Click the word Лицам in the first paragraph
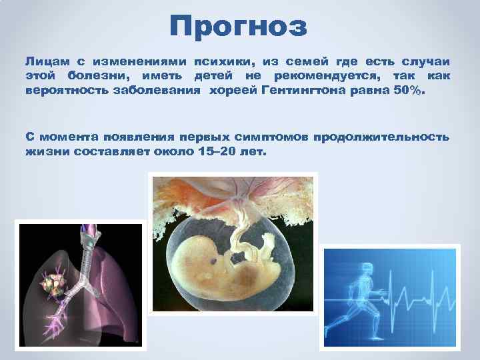44,61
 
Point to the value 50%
408,90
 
